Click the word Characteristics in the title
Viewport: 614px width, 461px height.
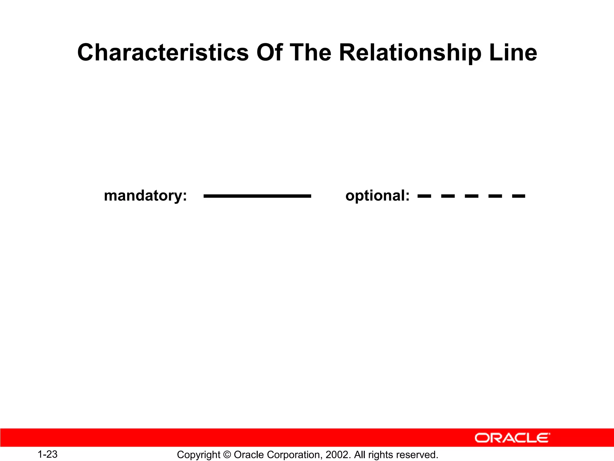coord(163,53)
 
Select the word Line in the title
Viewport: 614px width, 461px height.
coord(513,53)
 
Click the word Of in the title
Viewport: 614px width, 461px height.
coord(270,53)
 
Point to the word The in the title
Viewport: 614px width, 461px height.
coord(310,53)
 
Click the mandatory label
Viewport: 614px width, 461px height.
coord(145,196)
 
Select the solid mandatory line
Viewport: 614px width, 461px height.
coord(257,196)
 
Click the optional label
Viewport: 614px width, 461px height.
coord(377,196)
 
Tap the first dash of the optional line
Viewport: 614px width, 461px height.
coord(424,196)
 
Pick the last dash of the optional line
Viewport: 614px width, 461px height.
coord(519,196)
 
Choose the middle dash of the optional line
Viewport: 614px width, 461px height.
coord(472,196)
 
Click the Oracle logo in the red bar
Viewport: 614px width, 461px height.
coord(512,438)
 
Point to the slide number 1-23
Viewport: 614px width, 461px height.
coord(47,454)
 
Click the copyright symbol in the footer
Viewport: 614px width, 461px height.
coord(227,455)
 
